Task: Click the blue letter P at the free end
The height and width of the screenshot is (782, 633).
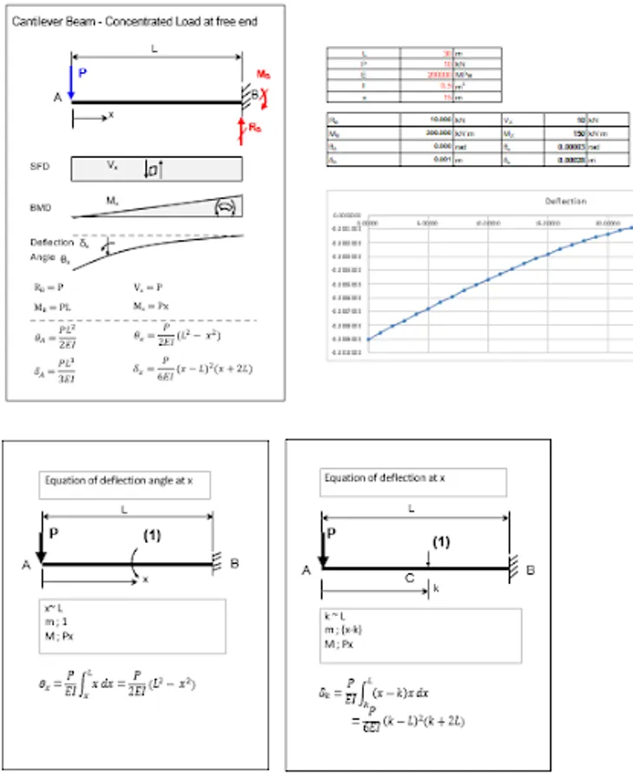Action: pos(82,75)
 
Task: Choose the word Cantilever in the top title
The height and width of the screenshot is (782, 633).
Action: pos(34,21)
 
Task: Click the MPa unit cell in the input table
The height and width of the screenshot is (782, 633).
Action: pos(489,76)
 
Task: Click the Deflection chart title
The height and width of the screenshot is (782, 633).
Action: pos(565,201)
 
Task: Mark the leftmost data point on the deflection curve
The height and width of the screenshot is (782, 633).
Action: pos(368,340)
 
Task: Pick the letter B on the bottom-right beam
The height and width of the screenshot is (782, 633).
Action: pos(531,571)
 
